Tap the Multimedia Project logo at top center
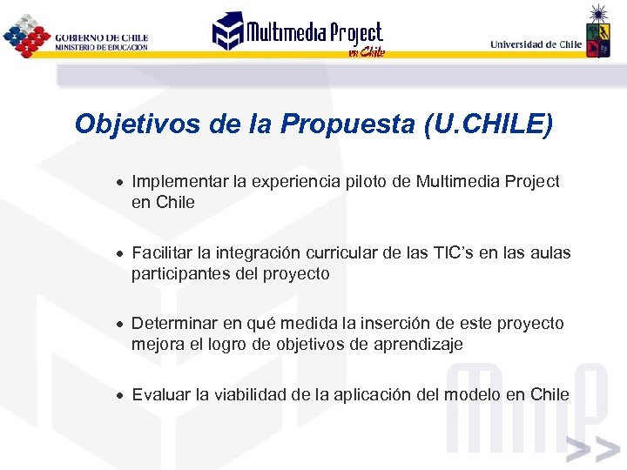pyautogui.click(x=298, y=35)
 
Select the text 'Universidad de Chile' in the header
pyautogui.click(x=536, y=44)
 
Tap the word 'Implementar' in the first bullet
pyautogui.click(x=180, y=182)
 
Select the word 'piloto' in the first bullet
pyautogui.click(x=370, y=182)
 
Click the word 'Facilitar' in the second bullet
pyautogui.click(x=162, y=253)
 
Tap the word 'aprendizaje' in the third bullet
pyautogui.click(x=418, y=345)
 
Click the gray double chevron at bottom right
pyautogui.click(x=591, y=451)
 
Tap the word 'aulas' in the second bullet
pyautogui.click(x=551, y=253)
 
